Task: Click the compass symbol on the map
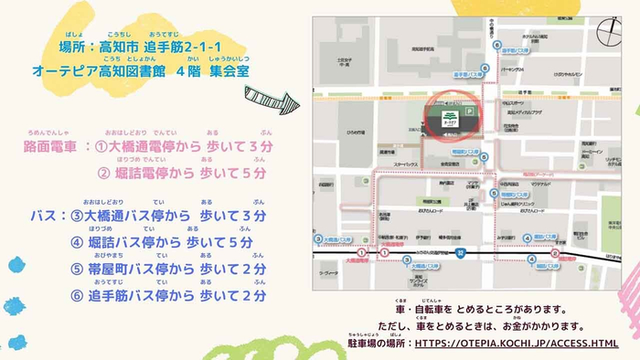(608, 32)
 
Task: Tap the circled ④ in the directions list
(77, 242)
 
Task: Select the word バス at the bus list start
(44, 216)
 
